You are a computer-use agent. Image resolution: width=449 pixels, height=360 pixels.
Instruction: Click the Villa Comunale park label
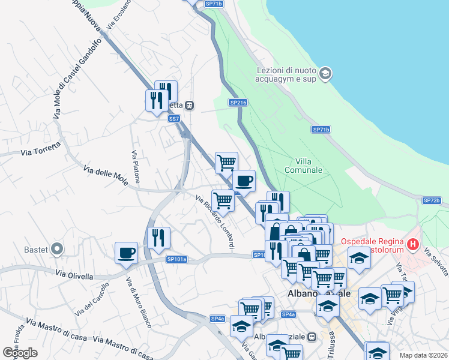(x=309, y=165)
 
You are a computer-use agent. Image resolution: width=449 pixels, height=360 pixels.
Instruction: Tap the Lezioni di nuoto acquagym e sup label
(x=286, y=74)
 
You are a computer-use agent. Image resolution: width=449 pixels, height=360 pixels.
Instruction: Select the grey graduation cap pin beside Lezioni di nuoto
(x=325, y=74)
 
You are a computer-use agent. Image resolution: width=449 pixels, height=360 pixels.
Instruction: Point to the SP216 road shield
(x=238, y=103)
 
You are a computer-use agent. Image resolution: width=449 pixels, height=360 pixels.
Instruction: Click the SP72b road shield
(x=432, y=200)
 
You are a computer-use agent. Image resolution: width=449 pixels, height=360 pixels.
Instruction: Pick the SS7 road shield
(x=174, y=119)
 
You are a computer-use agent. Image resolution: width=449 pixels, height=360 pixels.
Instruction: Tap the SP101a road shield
(x=176, y=259)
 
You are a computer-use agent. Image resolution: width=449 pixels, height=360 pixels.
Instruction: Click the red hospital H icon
(x=412, y=244)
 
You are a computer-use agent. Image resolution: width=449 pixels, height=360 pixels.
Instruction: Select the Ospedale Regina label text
(x=370, y=242)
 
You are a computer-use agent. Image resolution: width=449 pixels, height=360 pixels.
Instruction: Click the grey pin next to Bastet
(x=57, y=248)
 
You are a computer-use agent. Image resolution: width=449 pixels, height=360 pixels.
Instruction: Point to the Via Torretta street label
(x=41, y=149)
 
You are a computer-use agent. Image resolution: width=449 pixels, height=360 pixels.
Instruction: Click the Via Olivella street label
(x=74, y=275)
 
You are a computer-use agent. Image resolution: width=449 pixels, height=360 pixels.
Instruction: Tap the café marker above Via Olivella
(x=126, y=253)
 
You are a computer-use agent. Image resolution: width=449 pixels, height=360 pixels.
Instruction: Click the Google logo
(x=19, y=353)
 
